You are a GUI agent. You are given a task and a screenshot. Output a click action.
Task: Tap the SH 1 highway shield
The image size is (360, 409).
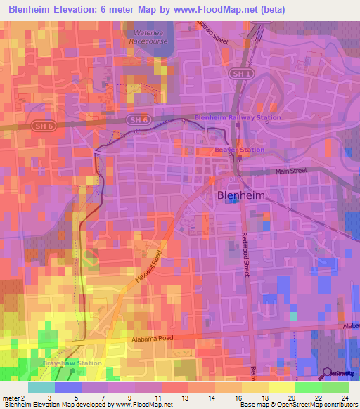pos(240,74)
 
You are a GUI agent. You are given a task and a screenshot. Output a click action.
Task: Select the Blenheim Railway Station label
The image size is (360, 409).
pos(238,117)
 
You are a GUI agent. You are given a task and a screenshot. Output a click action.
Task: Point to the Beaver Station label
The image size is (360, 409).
pos(239,150)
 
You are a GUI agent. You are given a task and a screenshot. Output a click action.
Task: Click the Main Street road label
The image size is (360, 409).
pos(292,171)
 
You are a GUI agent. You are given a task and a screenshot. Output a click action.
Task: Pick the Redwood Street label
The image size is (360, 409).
pos(247,257)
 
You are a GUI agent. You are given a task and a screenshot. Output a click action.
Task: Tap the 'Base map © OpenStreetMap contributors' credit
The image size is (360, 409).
pos(298,405)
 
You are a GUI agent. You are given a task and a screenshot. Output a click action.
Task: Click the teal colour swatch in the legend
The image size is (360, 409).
pos(41,387)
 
